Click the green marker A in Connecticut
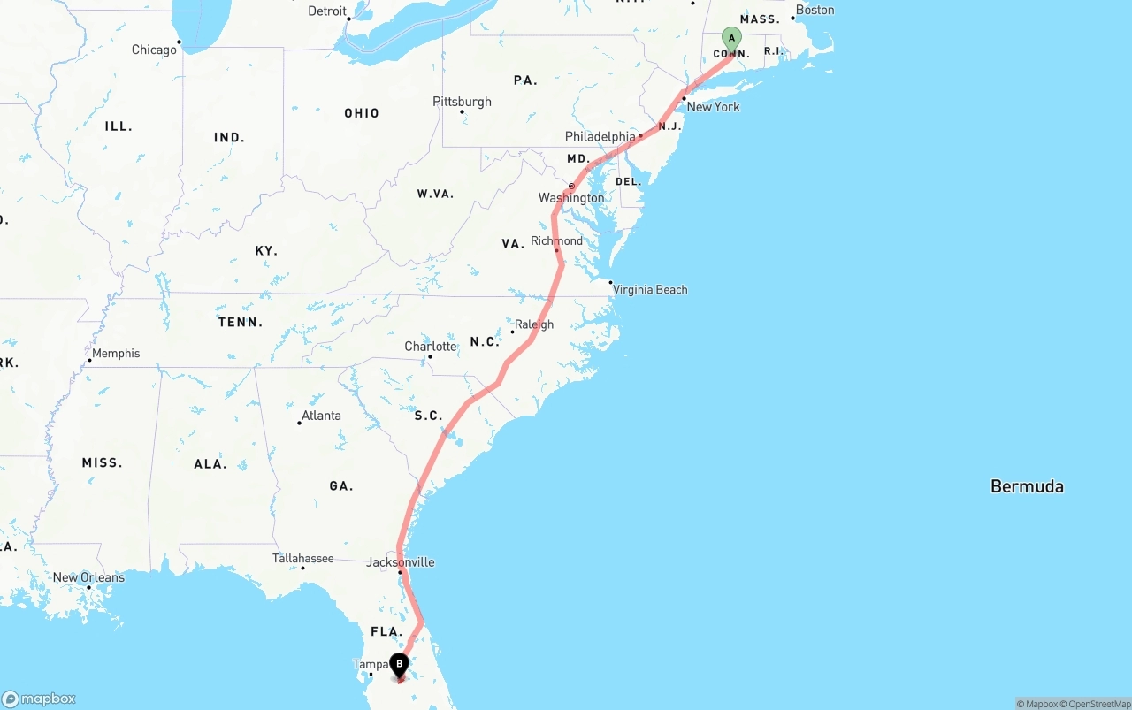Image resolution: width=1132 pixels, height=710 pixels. pos(731,38)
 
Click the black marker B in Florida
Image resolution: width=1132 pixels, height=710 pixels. pos(399,664)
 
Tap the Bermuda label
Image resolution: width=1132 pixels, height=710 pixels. pos(1027,486)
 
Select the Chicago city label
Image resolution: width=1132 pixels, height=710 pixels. pos(154,50)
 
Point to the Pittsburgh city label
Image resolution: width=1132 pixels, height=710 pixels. pos(462,102)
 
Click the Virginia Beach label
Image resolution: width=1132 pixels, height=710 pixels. pos(650,289)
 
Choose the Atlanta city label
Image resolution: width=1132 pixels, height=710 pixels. pos(321,416)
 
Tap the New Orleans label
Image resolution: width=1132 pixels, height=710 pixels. pos(88,577)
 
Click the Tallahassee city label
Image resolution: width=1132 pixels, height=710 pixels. pos(302,558)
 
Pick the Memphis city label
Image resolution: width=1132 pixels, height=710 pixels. pos(116,353)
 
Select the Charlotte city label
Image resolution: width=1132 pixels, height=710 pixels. pos(431,346)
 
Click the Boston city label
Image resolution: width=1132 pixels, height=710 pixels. pos(815,10)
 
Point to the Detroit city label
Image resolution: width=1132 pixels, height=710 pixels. pos(327,11)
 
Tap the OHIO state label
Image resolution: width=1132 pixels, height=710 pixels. pos(362,113)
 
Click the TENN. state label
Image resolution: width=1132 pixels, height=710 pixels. pos(241,322)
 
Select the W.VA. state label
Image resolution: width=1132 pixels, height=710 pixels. pos(435,193)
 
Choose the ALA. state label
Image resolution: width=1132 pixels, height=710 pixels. pos(210,463)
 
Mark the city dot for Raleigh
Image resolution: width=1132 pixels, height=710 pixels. pos(512,332)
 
